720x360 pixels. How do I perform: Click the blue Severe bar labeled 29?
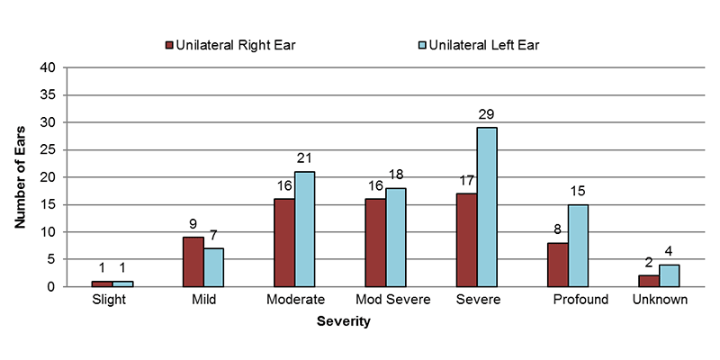click(x=487, y=207)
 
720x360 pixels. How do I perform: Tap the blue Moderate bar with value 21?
click(x=305, y=229)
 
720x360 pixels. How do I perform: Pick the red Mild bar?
click(x=193, y=262)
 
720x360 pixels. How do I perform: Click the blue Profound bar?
click(x=578, y=246)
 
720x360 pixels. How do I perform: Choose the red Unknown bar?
click(x=649, y=281)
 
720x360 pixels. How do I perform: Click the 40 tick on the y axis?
click(x=49, y=67)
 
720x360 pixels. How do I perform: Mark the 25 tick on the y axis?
click(x=49, y=149)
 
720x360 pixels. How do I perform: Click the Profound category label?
click(x=580, y=300)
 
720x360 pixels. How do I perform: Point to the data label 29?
click(x=487, y=114)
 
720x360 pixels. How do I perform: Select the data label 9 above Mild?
click(x=193, y=224)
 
